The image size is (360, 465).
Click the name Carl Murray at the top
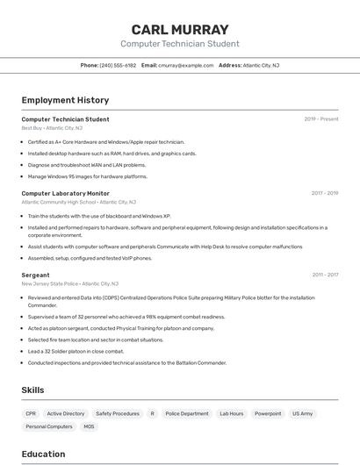179,29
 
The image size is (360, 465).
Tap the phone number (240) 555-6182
118,65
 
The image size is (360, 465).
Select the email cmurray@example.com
186,65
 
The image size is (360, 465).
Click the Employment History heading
65,100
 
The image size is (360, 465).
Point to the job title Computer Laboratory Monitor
65,193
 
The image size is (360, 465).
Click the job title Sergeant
35,275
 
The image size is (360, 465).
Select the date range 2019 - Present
321,119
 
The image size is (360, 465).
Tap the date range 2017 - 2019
325,193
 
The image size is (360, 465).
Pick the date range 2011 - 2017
325,275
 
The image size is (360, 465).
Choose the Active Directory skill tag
66,413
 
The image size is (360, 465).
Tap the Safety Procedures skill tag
118,413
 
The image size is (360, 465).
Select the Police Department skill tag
187,413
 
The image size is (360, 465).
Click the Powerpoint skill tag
268,413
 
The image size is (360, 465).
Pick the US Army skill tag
303,413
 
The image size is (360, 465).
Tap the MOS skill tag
89,426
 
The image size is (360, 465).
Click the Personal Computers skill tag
49,426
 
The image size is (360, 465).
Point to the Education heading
43,454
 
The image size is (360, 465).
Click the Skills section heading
32,390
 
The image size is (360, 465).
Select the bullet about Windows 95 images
88,176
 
